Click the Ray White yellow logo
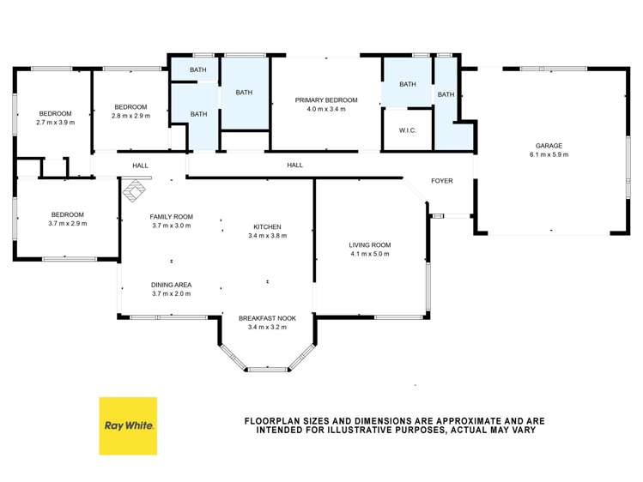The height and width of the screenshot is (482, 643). coord(128,425)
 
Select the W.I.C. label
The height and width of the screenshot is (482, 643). coord(407,131)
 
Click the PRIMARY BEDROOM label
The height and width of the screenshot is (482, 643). coord(325,100)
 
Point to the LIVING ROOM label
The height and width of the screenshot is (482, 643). coord(370,245)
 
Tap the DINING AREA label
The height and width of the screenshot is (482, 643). coord(171,285)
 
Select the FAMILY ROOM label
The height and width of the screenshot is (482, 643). coord(171,217)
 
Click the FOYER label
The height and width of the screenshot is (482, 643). coord(441,181)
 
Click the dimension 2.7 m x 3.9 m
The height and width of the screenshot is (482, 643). coord(55,123)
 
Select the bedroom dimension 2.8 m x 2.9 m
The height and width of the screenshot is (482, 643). coord(130,116)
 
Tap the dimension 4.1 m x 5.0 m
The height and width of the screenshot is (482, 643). coord(370,255)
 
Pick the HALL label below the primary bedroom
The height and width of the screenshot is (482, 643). coord(294,166)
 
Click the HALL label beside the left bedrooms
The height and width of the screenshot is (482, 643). coord(140,166)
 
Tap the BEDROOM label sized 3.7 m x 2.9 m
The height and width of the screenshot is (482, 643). coord(67,214)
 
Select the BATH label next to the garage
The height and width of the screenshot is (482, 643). coord(446,94)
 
